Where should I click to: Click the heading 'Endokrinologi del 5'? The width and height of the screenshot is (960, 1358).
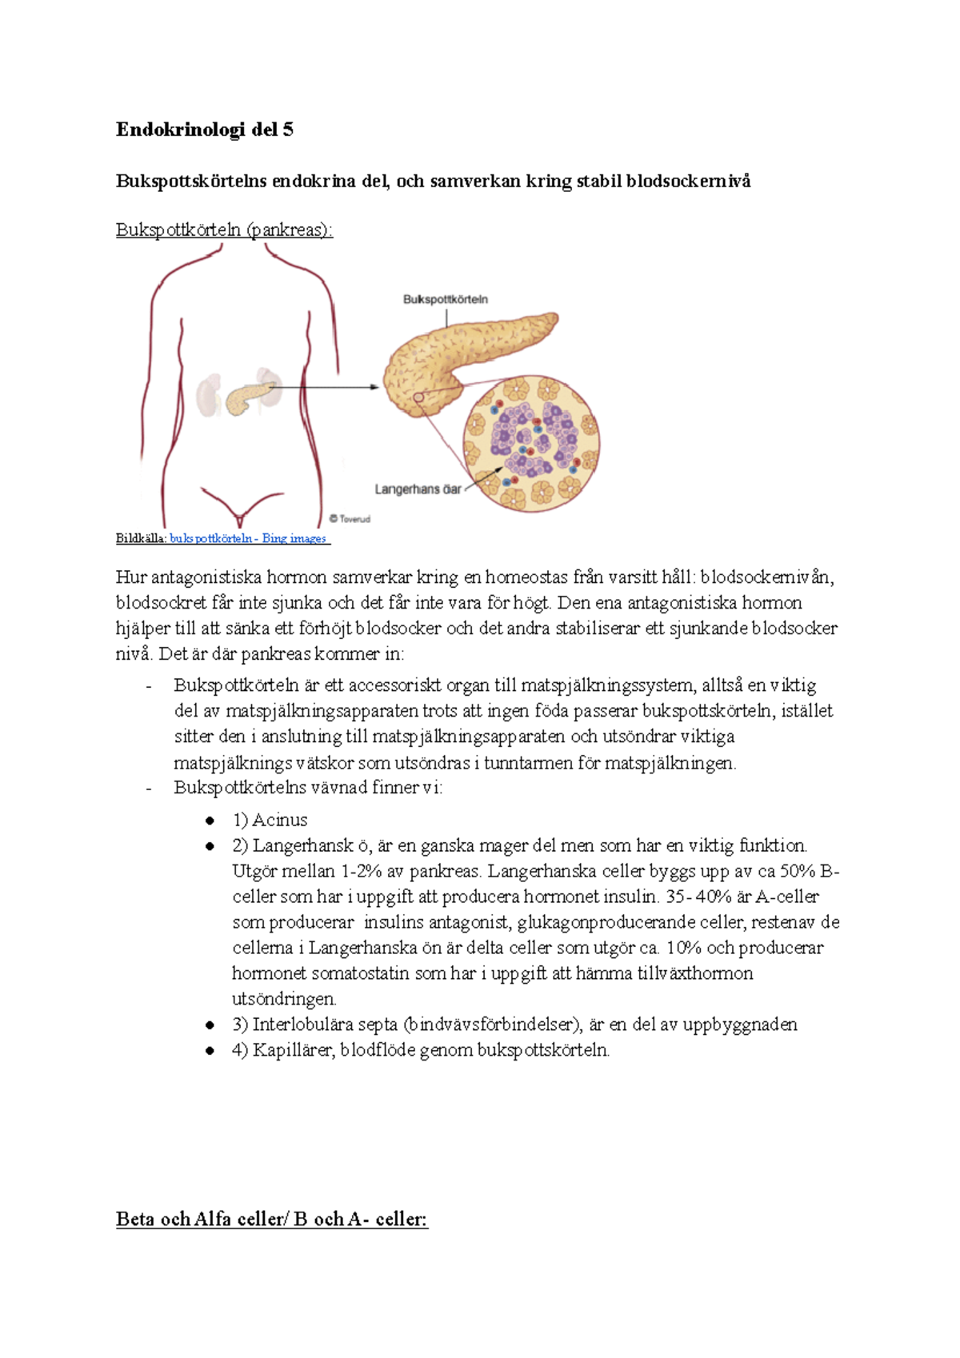click(x=204, y=130)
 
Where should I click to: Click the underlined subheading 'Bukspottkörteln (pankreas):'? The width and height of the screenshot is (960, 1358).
click(x=224, y=230)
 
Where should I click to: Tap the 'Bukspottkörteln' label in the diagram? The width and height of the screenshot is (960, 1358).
click(x=445, y=300)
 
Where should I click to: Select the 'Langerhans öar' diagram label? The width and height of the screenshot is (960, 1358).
click(x=418, y=489)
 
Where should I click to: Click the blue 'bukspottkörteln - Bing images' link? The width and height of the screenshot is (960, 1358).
click(x=249, y=539)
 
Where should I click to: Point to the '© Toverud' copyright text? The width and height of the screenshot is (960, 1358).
click(x=350, y=519)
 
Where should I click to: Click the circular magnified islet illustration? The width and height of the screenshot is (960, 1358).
click(x=531, y=444)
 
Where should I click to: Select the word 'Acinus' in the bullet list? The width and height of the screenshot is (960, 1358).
click(x=279, y=821)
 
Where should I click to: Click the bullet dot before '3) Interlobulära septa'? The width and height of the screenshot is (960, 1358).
click(x=210, y=1025)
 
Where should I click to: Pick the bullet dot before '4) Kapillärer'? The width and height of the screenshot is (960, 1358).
click(x=210, y=1051)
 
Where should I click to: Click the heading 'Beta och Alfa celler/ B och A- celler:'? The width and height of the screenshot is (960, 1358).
click(x=272, y=1220)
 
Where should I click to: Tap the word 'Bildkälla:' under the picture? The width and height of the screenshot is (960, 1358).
click(x=141, y=539)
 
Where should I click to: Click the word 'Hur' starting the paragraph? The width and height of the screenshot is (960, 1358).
click(x=131, y=577)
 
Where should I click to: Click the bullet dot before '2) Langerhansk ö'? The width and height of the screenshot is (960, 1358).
click(x=210, y=846)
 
